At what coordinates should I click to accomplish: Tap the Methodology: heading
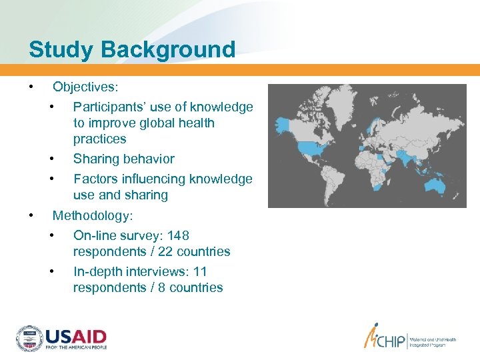(x=93, y=215)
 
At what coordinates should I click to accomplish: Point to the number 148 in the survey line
(x=179, y=235)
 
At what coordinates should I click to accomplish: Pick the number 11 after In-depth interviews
(x=200, y=271)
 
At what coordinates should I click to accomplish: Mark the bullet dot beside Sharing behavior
(x=52, y=159)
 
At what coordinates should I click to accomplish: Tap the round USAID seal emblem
(x=29, y=339)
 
